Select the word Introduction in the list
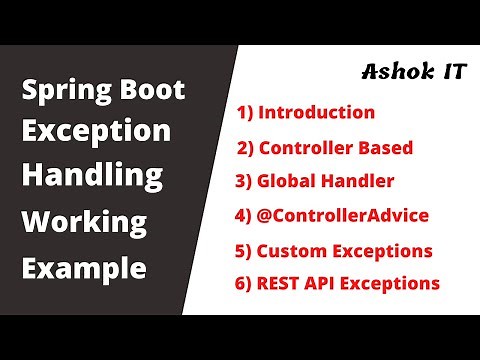coord(317,112)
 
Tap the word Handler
coord(358,182)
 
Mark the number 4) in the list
coord(244,215)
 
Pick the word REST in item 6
coord(281,283)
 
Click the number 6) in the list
coord(243,283)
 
